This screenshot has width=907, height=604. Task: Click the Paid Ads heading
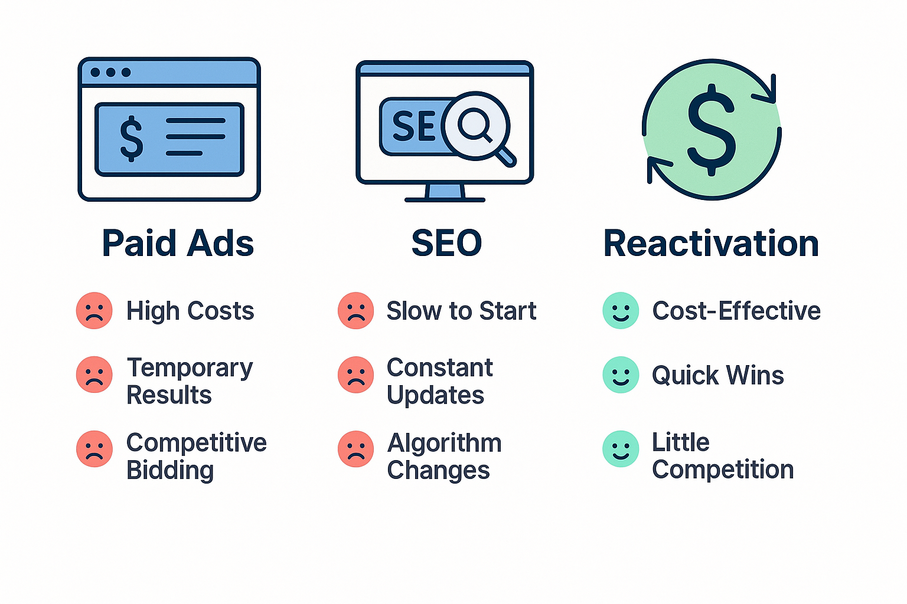[x=178, y=243]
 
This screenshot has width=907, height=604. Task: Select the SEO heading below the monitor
[x=446, y=243]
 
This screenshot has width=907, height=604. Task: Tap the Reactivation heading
[x=711, y=243]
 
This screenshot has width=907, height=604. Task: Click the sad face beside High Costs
[x=94, y=310]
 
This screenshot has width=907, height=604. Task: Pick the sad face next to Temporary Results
[x=94, y=375]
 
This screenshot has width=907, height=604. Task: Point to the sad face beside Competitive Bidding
[x=94, y=449]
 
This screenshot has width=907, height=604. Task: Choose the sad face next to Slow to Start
[x=355, y=310]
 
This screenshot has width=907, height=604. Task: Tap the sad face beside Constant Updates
[x=355, y=375]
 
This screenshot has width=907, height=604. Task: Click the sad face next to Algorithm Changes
[x=355, y=449]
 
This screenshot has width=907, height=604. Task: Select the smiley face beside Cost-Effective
[x=621, y=310]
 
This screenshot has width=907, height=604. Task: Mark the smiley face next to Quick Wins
[x=621, y=375]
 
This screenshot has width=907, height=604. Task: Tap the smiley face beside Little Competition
[x=621, y=449]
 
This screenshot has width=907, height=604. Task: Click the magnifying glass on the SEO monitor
[x=476, y=126]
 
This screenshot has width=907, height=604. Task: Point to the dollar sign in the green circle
[x=712, y=130]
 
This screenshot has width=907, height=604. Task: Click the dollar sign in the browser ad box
[x=131, y=138]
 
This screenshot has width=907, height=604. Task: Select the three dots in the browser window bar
[x=110, y=73]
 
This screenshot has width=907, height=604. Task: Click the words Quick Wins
[x=717, y=375]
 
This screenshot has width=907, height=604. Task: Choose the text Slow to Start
[x=461, y=311]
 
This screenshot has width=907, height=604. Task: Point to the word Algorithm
[x=444, y=443]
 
